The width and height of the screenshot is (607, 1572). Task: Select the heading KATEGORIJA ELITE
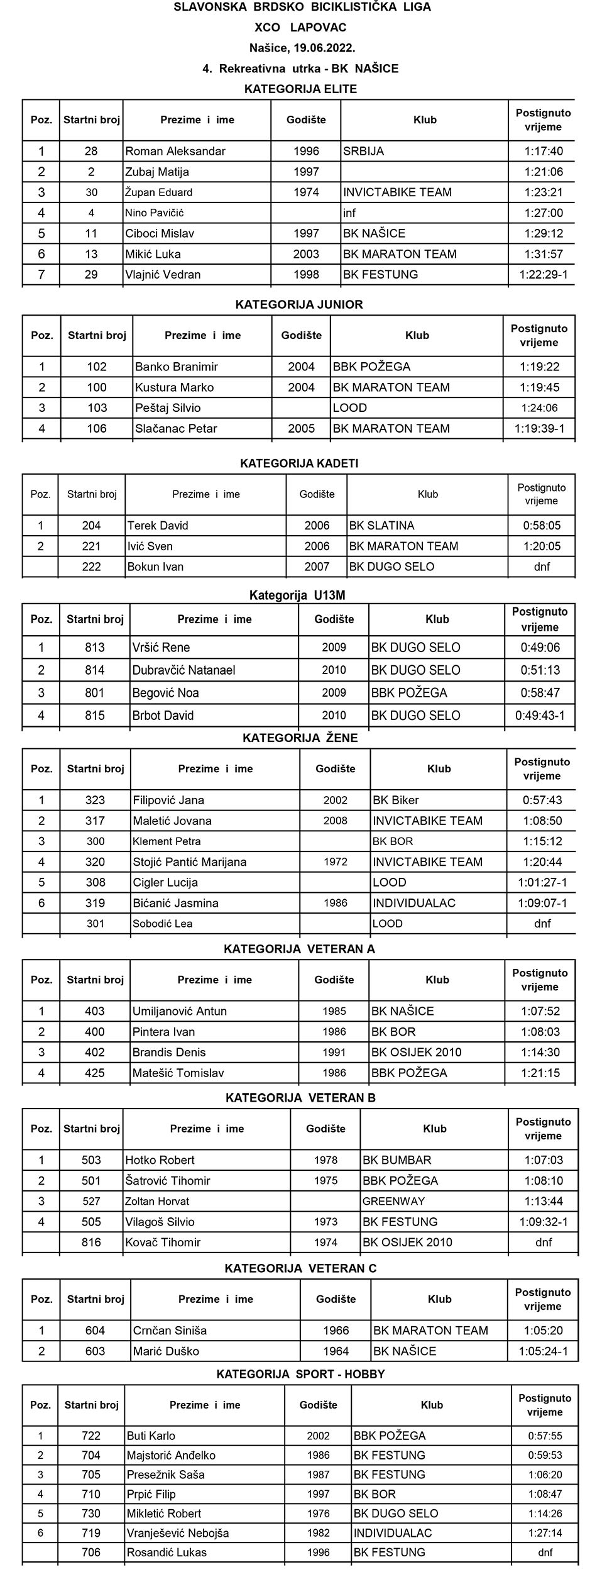point(300,89)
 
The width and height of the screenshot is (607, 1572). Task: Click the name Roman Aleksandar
point(175,151)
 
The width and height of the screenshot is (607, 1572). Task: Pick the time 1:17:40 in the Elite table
point(544,151)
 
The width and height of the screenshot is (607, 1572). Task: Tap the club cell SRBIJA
point(363,151)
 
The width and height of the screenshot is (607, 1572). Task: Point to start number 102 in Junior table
point(97,367)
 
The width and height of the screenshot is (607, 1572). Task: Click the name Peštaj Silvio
point(168,407)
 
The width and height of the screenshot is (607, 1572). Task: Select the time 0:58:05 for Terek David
point(542,526)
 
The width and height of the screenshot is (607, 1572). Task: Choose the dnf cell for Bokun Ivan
point(542,567)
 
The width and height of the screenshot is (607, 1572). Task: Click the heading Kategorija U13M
point(297,595)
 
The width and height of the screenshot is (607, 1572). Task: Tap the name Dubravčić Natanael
point(183,670)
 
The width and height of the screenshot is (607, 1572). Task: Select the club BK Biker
point(395,800)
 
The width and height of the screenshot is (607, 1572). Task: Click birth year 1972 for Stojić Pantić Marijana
point(336,861)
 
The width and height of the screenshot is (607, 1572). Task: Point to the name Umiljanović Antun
point(180,1011)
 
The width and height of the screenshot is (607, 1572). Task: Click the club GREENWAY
point(394,1201)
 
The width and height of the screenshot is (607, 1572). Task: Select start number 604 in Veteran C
point(95,1331)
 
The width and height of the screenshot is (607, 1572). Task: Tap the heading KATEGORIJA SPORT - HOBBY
point(300,1374)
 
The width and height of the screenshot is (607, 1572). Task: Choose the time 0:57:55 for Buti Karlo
point(545,1436)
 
